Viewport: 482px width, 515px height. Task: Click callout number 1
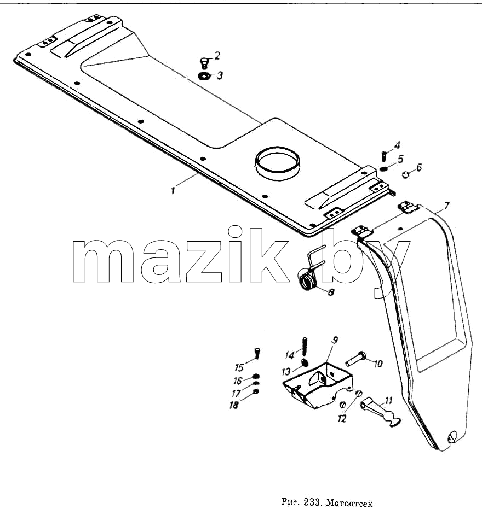[x=173, y=190]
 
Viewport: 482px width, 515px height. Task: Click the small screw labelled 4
[x=383, y=156]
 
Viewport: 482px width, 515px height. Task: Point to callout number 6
[x=418, y=167]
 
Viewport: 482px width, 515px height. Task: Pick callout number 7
[x=446, y=206]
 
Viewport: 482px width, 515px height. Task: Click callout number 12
[x=342, y=418]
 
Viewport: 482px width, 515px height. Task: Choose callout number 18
[x=234, y=405]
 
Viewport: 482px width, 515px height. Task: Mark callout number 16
[x=238, y=381]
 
